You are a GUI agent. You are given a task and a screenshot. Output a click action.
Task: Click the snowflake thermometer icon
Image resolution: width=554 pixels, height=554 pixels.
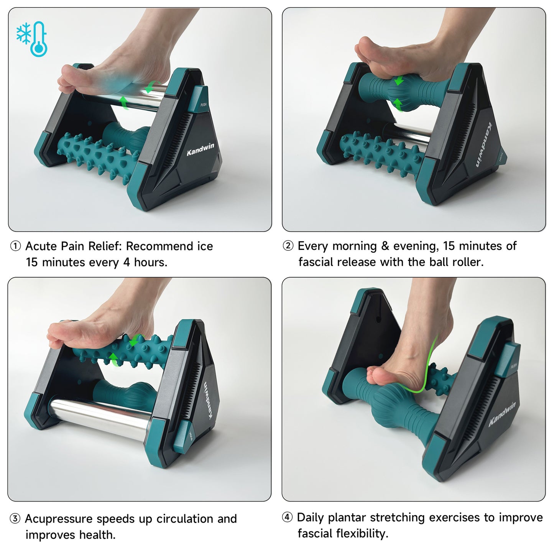(32, 39)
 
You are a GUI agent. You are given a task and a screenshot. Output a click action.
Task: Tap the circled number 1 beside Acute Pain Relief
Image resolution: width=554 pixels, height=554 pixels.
(15, 246)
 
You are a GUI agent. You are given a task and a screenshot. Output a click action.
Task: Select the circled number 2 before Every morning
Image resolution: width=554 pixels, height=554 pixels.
(288, 246)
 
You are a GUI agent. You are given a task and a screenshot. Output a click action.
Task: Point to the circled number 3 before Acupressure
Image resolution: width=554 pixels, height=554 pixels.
(15, 519)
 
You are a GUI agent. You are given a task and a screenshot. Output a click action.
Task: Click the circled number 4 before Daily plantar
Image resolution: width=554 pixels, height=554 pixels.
(288, 517)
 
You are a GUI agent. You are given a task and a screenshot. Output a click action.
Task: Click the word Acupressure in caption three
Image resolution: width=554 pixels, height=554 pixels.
(59, 519)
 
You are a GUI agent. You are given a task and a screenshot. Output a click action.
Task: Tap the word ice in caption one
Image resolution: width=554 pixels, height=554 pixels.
(205, 246)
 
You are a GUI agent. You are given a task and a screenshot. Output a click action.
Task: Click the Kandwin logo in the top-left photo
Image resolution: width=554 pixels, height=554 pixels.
(200, 149)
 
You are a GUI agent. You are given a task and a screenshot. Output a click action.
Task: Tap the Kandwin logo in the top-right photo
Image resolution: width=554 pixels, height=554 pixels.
(484, 145)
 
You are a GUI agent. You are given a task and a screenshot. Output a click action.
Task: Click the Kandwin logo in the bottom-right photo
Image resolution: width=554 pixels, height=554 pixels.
(502, 414)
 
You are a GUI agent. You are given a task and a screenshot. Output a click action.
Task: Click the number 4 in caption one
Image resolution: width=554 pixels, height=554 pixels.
(127, 263)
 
